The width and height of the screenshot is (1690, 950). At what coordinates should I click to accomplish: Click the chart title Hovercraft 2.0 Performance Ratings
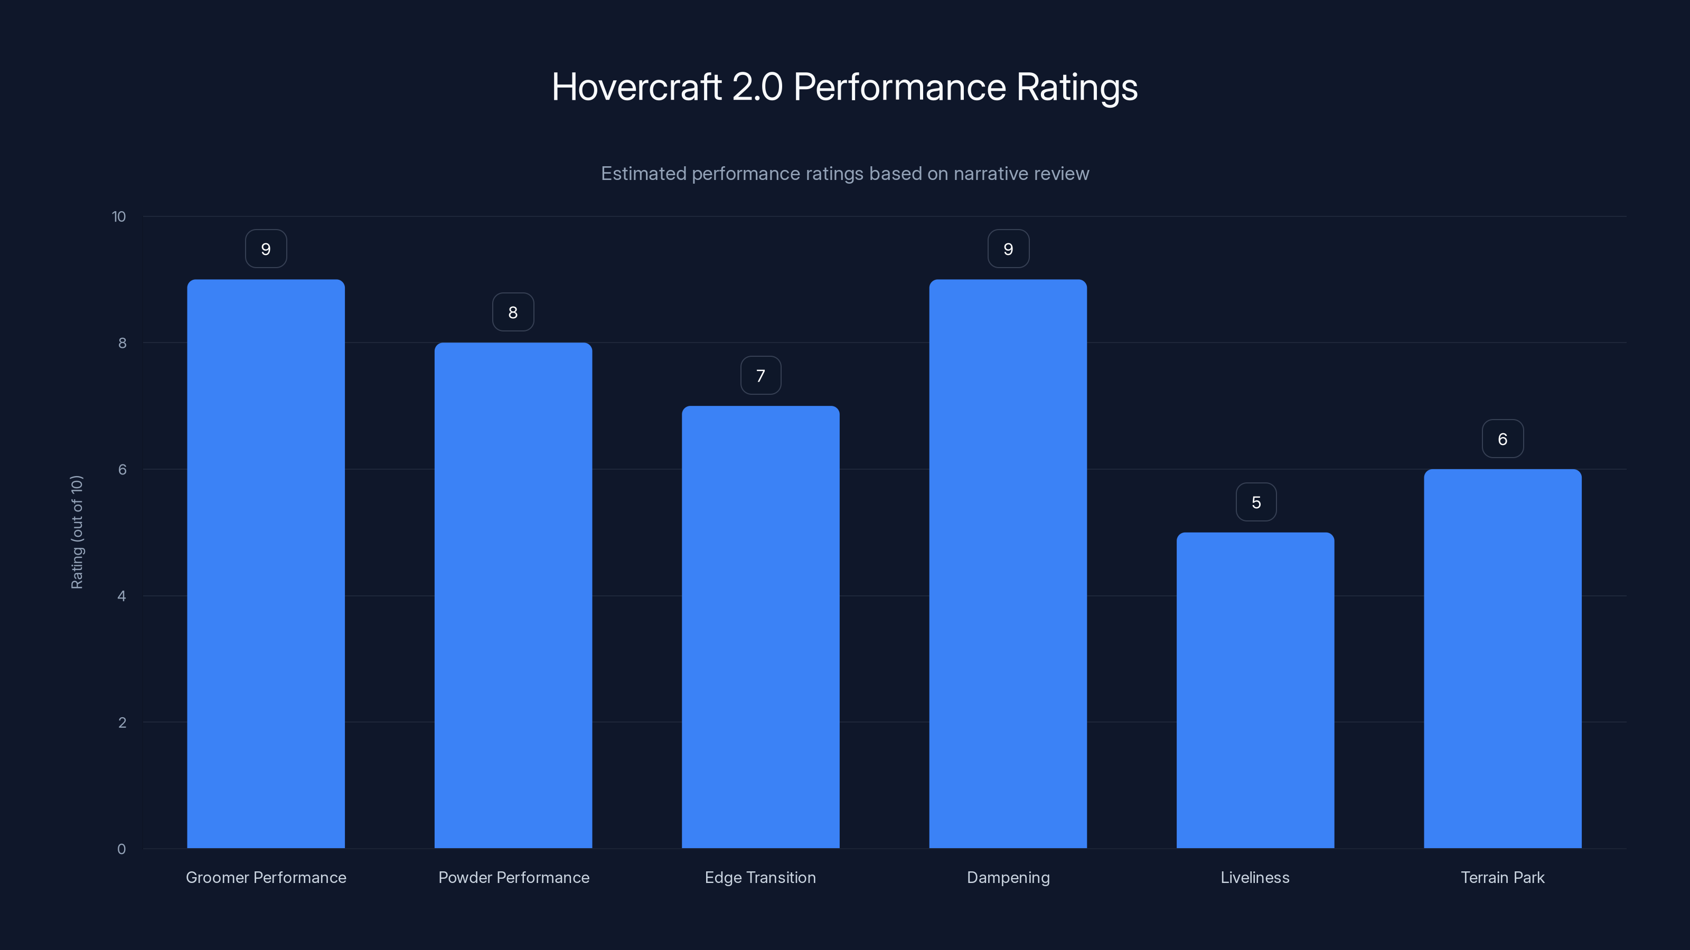click(x=844, y=87)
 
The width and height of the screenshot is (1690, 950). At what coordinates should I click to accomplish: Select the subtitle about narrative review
click(x=844, y=174)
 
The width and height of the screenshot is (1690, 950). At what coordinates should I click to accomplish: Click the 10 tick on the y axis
click(x=119, y=217)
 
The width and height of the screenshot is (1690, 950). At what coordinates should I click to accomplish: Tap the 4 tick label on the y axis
click(x=121, y=596)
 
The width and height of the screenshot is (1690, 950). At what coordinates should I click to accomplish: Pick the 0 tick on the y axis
click(x=121, y=849)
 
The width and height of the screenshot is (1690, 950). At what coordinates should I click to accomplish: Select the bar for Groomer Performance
click(x=266, y=564)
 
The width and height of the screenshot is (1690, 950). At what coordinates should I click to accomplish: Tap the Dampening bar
click(x=1008, y=564)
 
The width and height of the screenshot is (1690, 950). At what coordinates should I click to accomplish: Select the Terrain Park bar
click(x=1503, y=659)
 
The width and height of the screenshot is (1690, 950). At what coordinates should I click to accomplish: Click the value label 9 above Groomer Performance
click(x=266, y=249)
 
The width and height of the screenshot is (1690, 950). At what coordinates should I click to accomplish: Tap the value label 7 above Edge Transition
click(x=760, y=376)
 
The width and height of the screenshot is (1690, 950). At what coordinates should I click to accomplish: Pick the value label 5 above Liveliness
click(x=1256, y=502)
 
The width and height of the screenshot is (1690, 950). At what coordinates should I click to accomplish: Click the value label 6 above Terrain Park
click(x=1503, y=439)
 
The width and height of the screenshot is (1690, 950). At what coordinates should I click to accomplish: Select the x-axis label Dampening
click(x=1008, y=877)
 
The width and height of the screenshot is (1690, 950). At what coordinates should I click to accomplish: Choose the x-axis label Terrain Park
click(x=1503, y=877)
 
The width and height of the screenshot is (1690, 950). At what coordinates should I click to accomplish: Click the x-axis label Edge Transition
click(x=760, y=877)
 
